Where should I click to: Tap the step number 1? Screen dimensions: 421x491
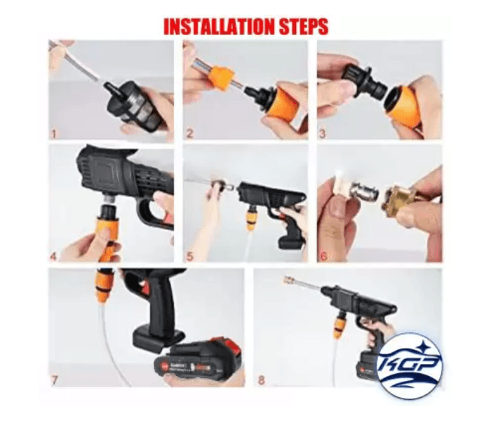coord(53,131)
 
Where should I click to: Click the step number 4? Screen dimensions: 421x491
coord(53,255)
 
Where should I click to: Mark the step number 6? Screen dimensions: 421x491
coord(323,255)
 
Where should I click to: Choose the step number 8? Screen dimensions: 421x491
coord(261,380)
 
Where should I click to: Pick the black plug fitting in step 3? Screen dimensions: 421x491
coord(362,83)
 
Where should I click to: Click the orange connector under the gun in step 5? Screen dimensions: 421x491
coord(251,220)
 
